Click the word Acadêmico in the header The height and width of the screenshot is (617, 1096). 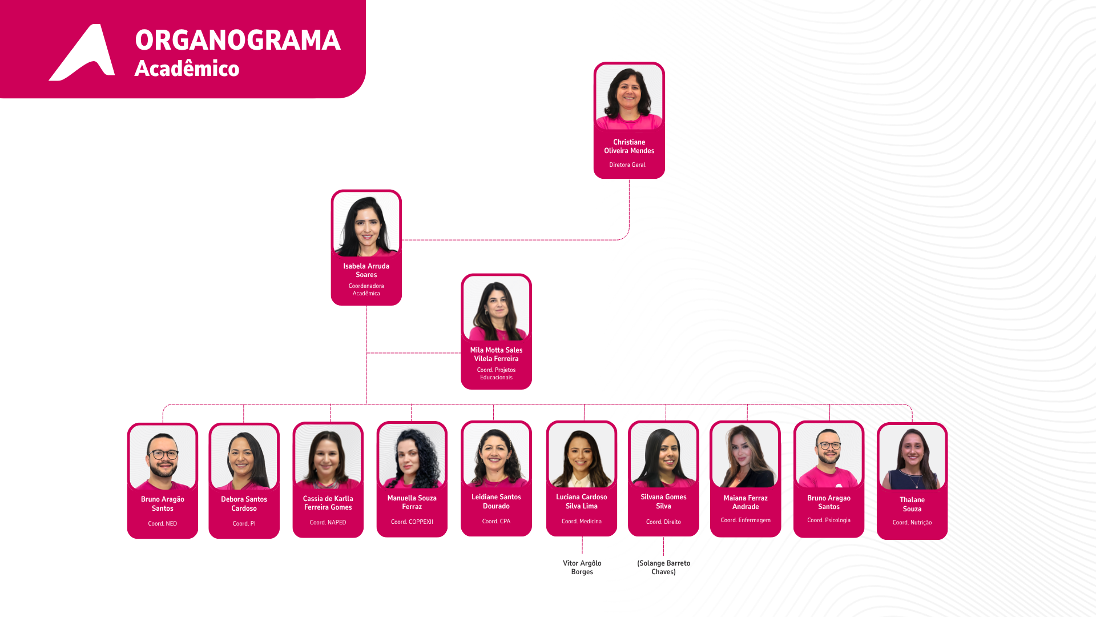coord(187,69)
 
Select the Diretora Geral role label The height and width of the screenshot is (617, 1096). coord(627,165)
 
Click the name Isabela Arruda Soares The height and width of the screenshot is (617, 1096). coord(366,270)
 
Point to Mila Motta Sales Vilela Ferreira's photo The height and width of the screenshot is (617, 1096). coord(496,308)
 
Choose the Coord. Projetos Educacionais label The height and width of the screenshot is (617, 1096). coord(496,374)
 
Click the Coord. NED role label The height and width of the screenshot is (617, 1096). coord(162,523)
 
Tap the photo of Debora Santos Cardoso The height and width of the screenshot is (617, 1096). coord(244,458)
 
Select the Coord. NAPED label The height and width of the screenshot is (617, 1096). coord(328,522)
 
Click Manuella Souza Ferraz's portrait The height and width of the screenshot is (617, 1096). coord(412,456)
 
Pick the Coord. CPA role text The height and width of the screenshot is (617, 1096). coord(496,521)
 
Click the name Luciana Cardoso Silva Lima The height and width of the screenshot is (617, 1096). coord(581,502)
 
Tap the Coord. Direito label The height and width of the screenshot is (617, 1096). coord(663,522)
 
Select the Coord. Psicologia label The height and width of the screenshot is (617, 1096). coord(828,520)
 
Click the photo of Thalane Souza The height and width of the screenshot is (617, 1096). coord(912,458)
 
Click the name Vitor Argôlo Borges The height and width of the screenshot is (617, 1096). coord(582,567)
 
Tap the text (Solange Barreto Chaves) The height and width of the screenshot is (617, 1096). coord(663,567)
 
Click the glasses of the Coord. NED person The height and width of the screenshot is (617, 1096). coord(163,455)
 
